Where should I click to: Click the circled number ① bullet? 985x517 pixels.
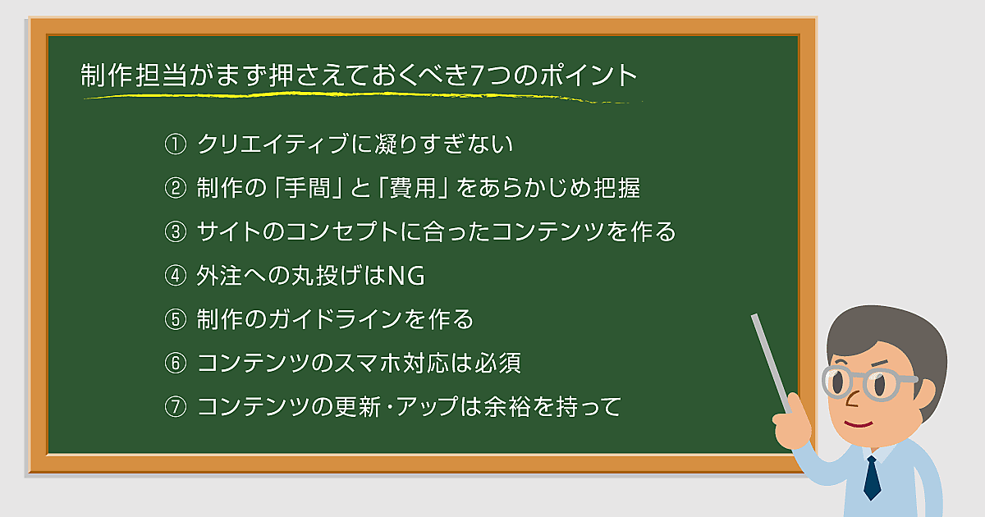pyautogui.click(x=176, y=144)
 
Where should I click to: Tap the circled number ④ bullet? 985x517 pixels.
pyautogui.click(x=176, y=276)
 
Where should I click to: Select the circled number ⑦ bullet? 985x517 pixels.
pyautogui.click(x=176, y=407)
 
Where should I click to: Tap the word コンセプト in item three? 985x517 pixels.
pyautogui.click(x=342, y=231)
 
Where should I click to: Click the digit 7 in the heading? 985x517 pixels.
pyautogui.click(x=477, y=75)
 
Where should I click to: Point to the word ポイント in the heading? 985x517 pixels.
pyautogui.click(x=589, y=75)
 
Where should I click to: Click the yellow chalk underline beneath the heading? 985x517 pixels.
pyautogui.click(x=363, y=97)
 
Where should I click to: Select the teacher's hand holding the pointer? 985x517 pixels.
pyautogui.click(x=792, y=422)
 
